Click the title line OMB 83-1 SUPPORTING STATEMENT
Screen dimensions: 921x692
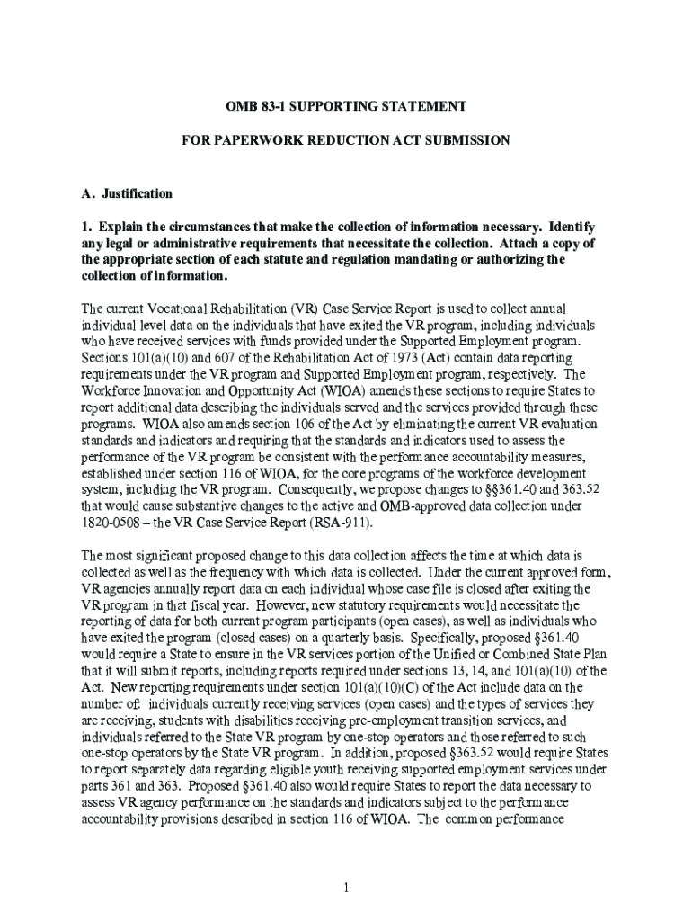coord(345,106)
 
